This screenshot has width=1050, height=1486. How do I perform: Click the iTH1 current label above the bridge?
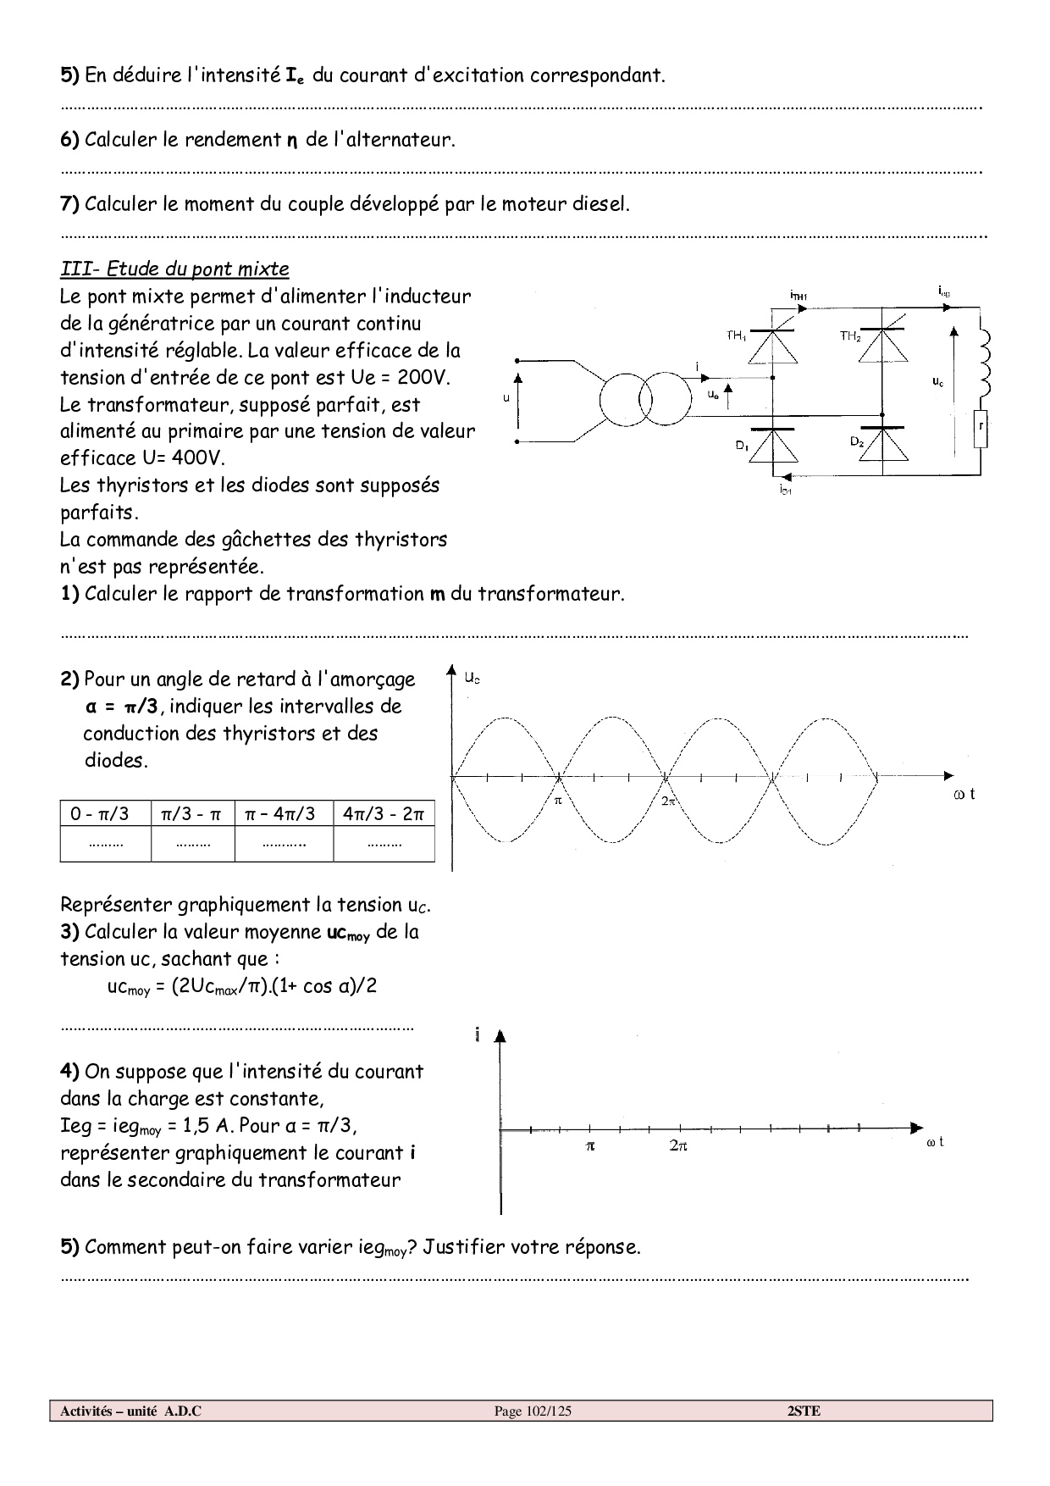coord(798,296)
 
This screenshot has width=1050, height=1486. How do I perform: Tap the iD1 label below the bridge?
coord(785,491)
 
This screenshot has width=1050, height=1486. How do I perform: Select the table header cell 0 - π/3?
coord(105,814)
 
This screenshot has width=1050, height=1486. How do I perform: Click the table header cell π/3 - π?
coord(192,814)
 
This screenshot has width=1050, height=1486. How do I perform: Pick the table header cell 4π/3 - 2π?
coord(384,814)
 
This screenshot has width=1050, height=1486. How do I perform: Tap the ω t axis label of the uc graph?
coord(964,794)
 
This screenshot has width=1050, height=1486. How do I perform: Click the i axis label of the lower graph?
coord(478,1035)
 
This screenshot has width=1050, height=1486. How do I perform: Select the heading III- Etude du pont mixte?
coord(174,269)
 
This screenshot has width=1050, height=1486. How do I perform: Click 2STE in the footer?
coord(804,1411)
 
